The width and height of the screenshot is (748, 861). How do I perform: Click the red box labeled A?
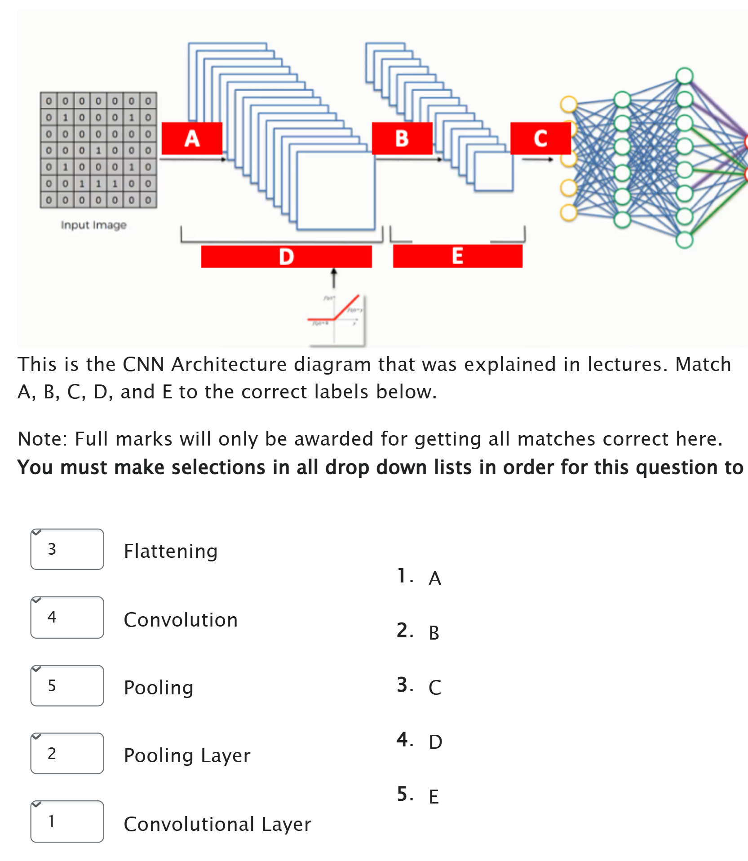coord(192,138)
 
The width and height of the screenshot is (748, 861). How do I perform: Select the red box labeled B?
coord(402,138)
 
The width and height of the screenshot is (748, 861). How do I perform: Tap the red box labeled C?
coord(540,138)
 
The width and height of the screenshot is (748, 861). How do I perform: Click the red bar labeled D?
coord(286,256)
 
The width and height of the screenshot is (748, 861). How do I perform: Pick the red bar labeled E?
coord(457,256)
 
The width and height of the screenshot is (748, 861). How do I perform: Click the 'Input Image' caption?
coord(93,225)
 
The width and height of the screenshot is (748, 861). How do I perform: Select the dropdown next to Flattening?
coord(67,549)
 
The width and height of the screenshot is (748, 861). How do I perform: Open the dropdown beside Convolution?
coord(67,617)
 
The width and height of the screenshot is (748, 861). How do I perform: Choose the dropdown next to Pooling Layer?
coord(67,753)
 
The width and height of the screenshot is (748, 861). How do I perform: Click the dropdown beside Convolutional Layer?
coord(67,821)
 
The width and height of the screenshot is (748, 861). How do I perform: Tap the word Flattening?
coord(171,551)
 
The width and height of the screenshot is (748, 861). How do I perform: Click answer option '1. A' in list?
coord(420,577)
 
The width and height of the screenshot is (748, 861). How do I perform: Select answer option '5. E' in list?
coord(418,795)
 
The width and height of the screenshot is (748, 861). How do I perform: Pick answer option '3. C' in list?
coord(419,686)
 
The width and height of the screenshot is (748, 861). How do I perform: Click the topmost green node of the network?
coord(684,75)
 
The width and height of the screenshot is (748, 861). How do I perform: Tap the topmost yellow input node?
coord(568,104)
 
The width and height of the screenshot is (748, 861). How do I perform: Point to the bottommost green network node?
coord(684,240)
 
